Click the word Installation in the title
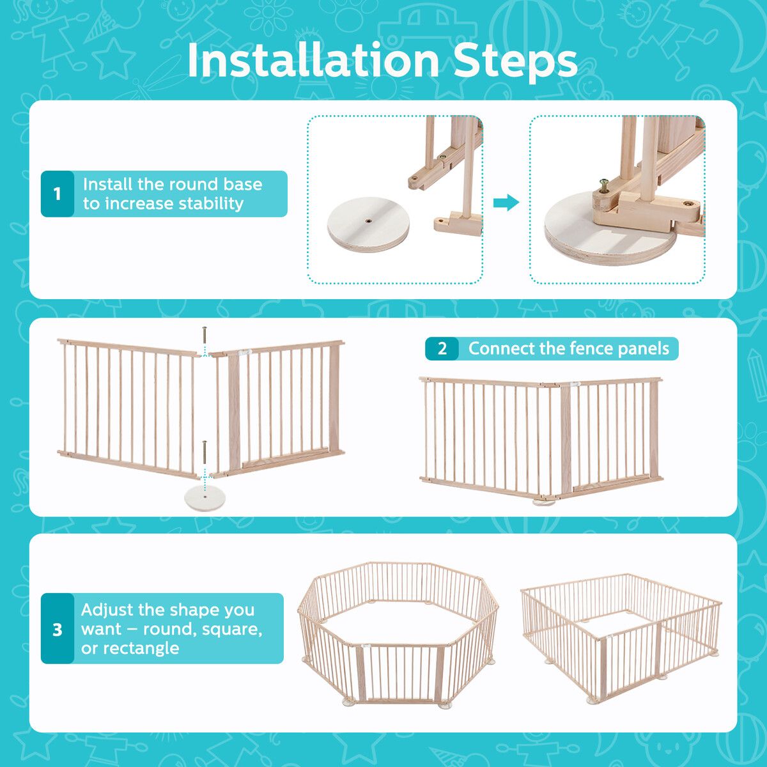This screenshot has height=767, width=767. tap(313, 61)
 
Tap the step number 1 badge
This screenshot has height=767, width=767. tap(58, 194)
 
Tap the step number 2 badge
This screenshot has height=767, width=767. tap(442, 349)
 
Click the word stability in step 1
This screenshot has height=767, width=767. tap(210, 204)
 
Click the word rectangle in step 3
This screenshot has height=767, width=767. tap(130, 648)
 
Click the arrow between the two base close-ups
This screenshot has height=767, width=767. tap(506, 203)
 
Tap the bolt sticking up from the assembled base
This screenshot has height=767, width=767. tap(605, 185)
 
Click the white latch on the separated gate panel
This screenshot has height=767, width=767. tap(244, 352)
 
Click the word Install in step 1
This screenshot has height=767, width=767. tap(107, 184)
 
